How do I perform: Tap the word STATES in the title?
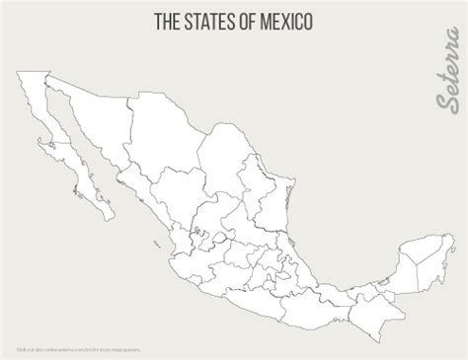(209, 21)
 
